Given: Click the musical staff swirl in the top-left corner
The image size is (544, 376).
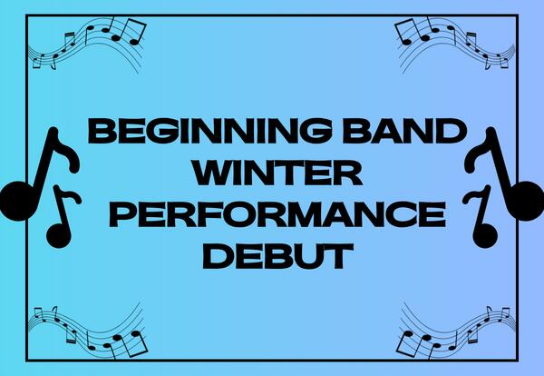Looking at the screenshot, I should tap(86, 45).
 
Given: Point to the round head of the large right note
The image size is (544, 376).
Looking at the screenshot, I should tap(526, 194).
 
